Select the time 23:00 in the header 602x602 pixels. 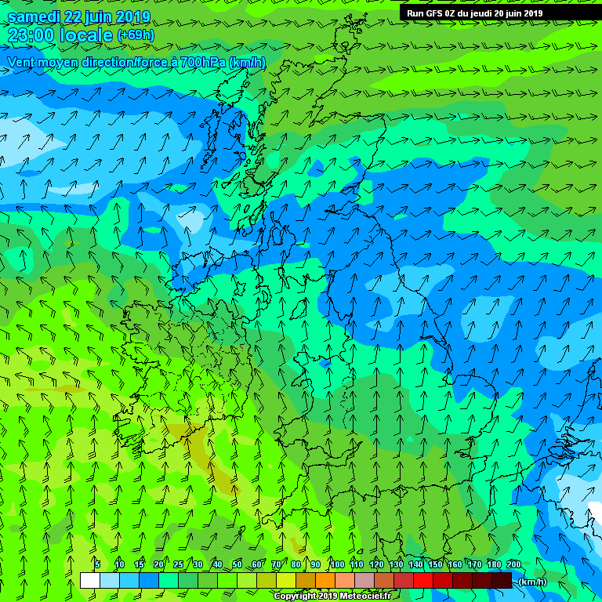click(33, 35)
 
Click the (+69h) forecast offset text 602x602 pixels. click(136, 35)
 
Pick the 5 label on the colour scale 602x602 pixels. click(97, 564)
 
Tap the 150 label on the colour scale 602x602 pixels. click(434, 564)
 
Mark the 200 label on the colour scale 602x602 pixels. click(513, 564)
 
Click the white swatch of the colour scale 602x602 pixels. click(89, 580)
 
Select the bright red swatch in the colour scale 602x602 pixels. click(423, 580)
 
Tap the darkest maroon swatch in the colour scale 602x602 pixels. click(502, 580)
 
